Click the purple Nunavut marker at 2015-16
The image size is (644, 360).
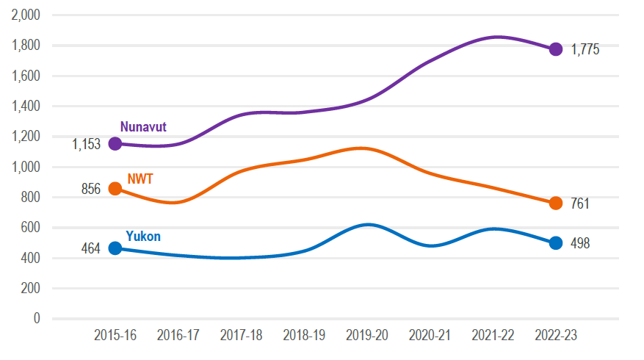[x=115, y=143]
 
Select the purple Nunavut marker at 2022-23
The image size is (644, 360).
[x=556, y=49]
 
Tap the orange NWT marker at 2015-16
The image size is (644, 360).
[x=115, y=189]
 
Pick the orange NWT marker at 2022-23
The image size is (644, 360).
[x=556, y=203]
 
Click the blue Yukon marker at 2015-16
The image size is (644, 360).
[x=115, y=248]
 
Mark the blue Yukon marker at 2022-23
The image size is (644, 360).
[x=556, y=243]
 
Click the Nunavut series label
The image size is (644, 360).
[x=143, y=126]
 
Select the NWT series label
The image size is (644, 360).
[x=140, y=179]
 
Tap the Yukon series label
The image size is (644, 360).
[x=142, y=236]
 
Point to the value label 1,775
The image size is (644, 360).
[x=585, y=50]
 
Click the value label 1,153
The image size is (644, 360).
[x=86, y=145]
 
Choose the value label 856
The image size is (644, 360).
[x=90, y=190]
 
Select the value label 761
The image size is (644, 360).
[x=580, y=204]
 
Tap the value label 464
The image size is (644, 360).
[x=90, y=249]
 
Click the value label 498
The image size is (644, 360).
[x=580, y=244]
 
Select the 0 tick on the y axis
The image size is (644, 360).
[x=36, y=319]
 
